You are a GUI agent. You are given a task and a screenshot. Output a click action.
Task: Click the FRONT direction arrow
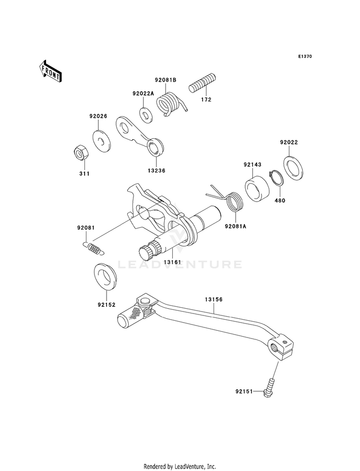coord(50,71)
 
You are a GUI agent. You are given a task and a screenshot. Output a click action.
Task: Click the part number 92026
coord(98,116)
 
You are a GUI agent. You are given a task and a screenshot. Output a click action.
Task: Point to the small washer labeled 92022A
coord(145,114)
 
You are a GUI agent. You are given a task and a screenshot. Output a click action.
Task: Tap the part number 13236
coord(156,171)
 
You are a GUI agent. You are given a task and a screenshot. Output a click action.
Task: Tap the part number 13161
coord(172,262)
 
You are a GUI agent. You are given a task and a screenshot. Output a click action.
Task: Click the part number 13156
coord(214,300)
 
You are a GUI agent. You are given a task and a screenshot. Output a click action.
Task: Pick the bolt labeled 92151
coord(270,389)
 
